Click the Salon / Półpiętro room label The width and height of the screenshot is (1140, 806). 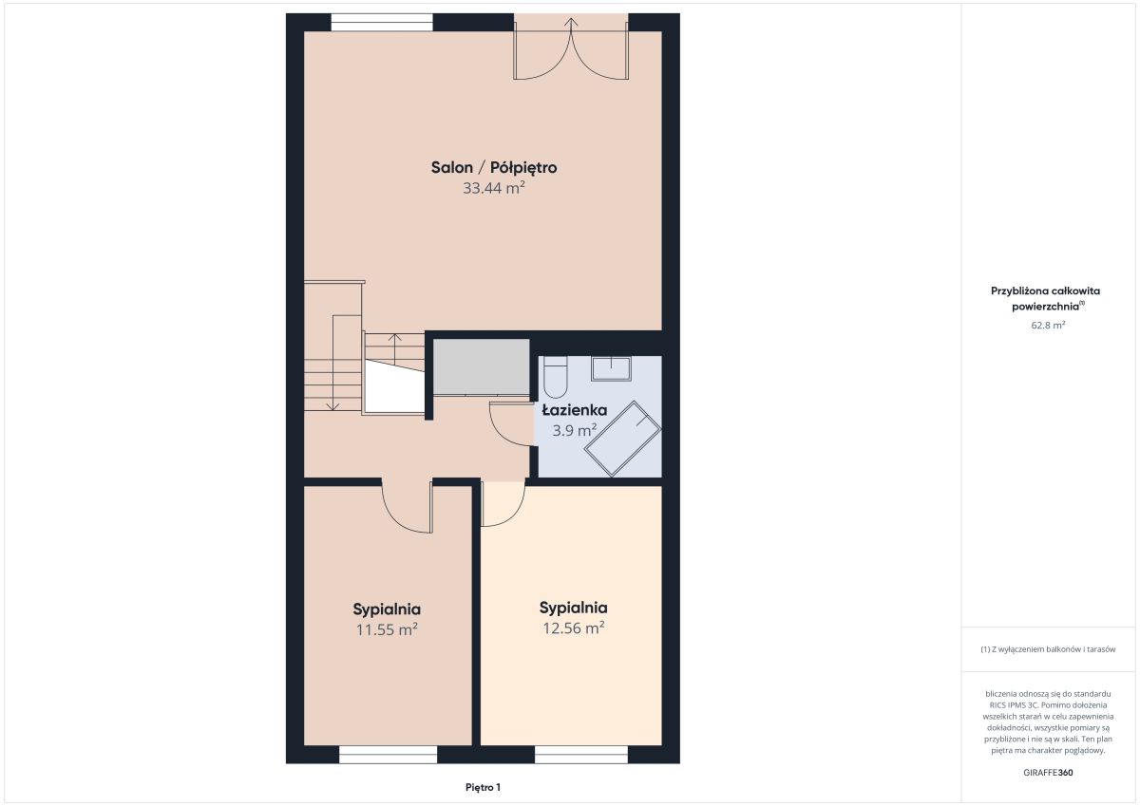pos(494,167)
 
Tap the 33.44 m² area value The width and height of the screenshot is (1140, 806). pos(494,188)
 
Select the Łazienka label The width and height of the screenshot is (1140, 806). pos(574,410)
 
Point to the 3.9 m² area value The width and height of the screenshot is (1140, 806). pos(575,431)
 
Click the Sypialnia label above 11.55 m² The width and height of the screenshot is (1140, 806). pos(387,609)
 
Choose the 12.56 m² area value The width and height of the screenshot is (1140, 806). pos(574,628)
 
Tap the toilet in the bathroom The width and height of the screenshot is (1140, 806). pos(555,377)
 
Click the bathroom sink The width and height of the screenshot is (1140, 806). pos(611,368)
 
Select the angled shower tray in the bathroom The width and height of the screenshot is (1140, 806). pos(622,439)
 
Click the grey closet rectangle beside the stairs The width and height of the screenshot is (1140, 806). pos(481,366)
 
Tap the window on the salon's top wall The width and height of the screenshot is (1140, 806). pos(382,23)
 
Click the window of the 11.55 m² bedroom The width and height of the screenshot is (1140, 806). pos(388,754)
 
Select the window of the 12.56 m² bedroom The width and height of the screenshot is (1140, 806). pos(581,754)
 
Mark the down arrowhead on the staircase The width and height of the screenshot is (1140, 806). pos(332,406)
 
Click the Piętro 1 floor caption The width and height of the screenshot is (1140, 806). pos(483,787)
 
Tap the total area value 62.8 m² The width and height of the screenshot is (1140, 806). pos(1048,325)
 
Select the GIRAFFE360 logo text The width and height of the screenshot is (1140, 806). pos(1048,773)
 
